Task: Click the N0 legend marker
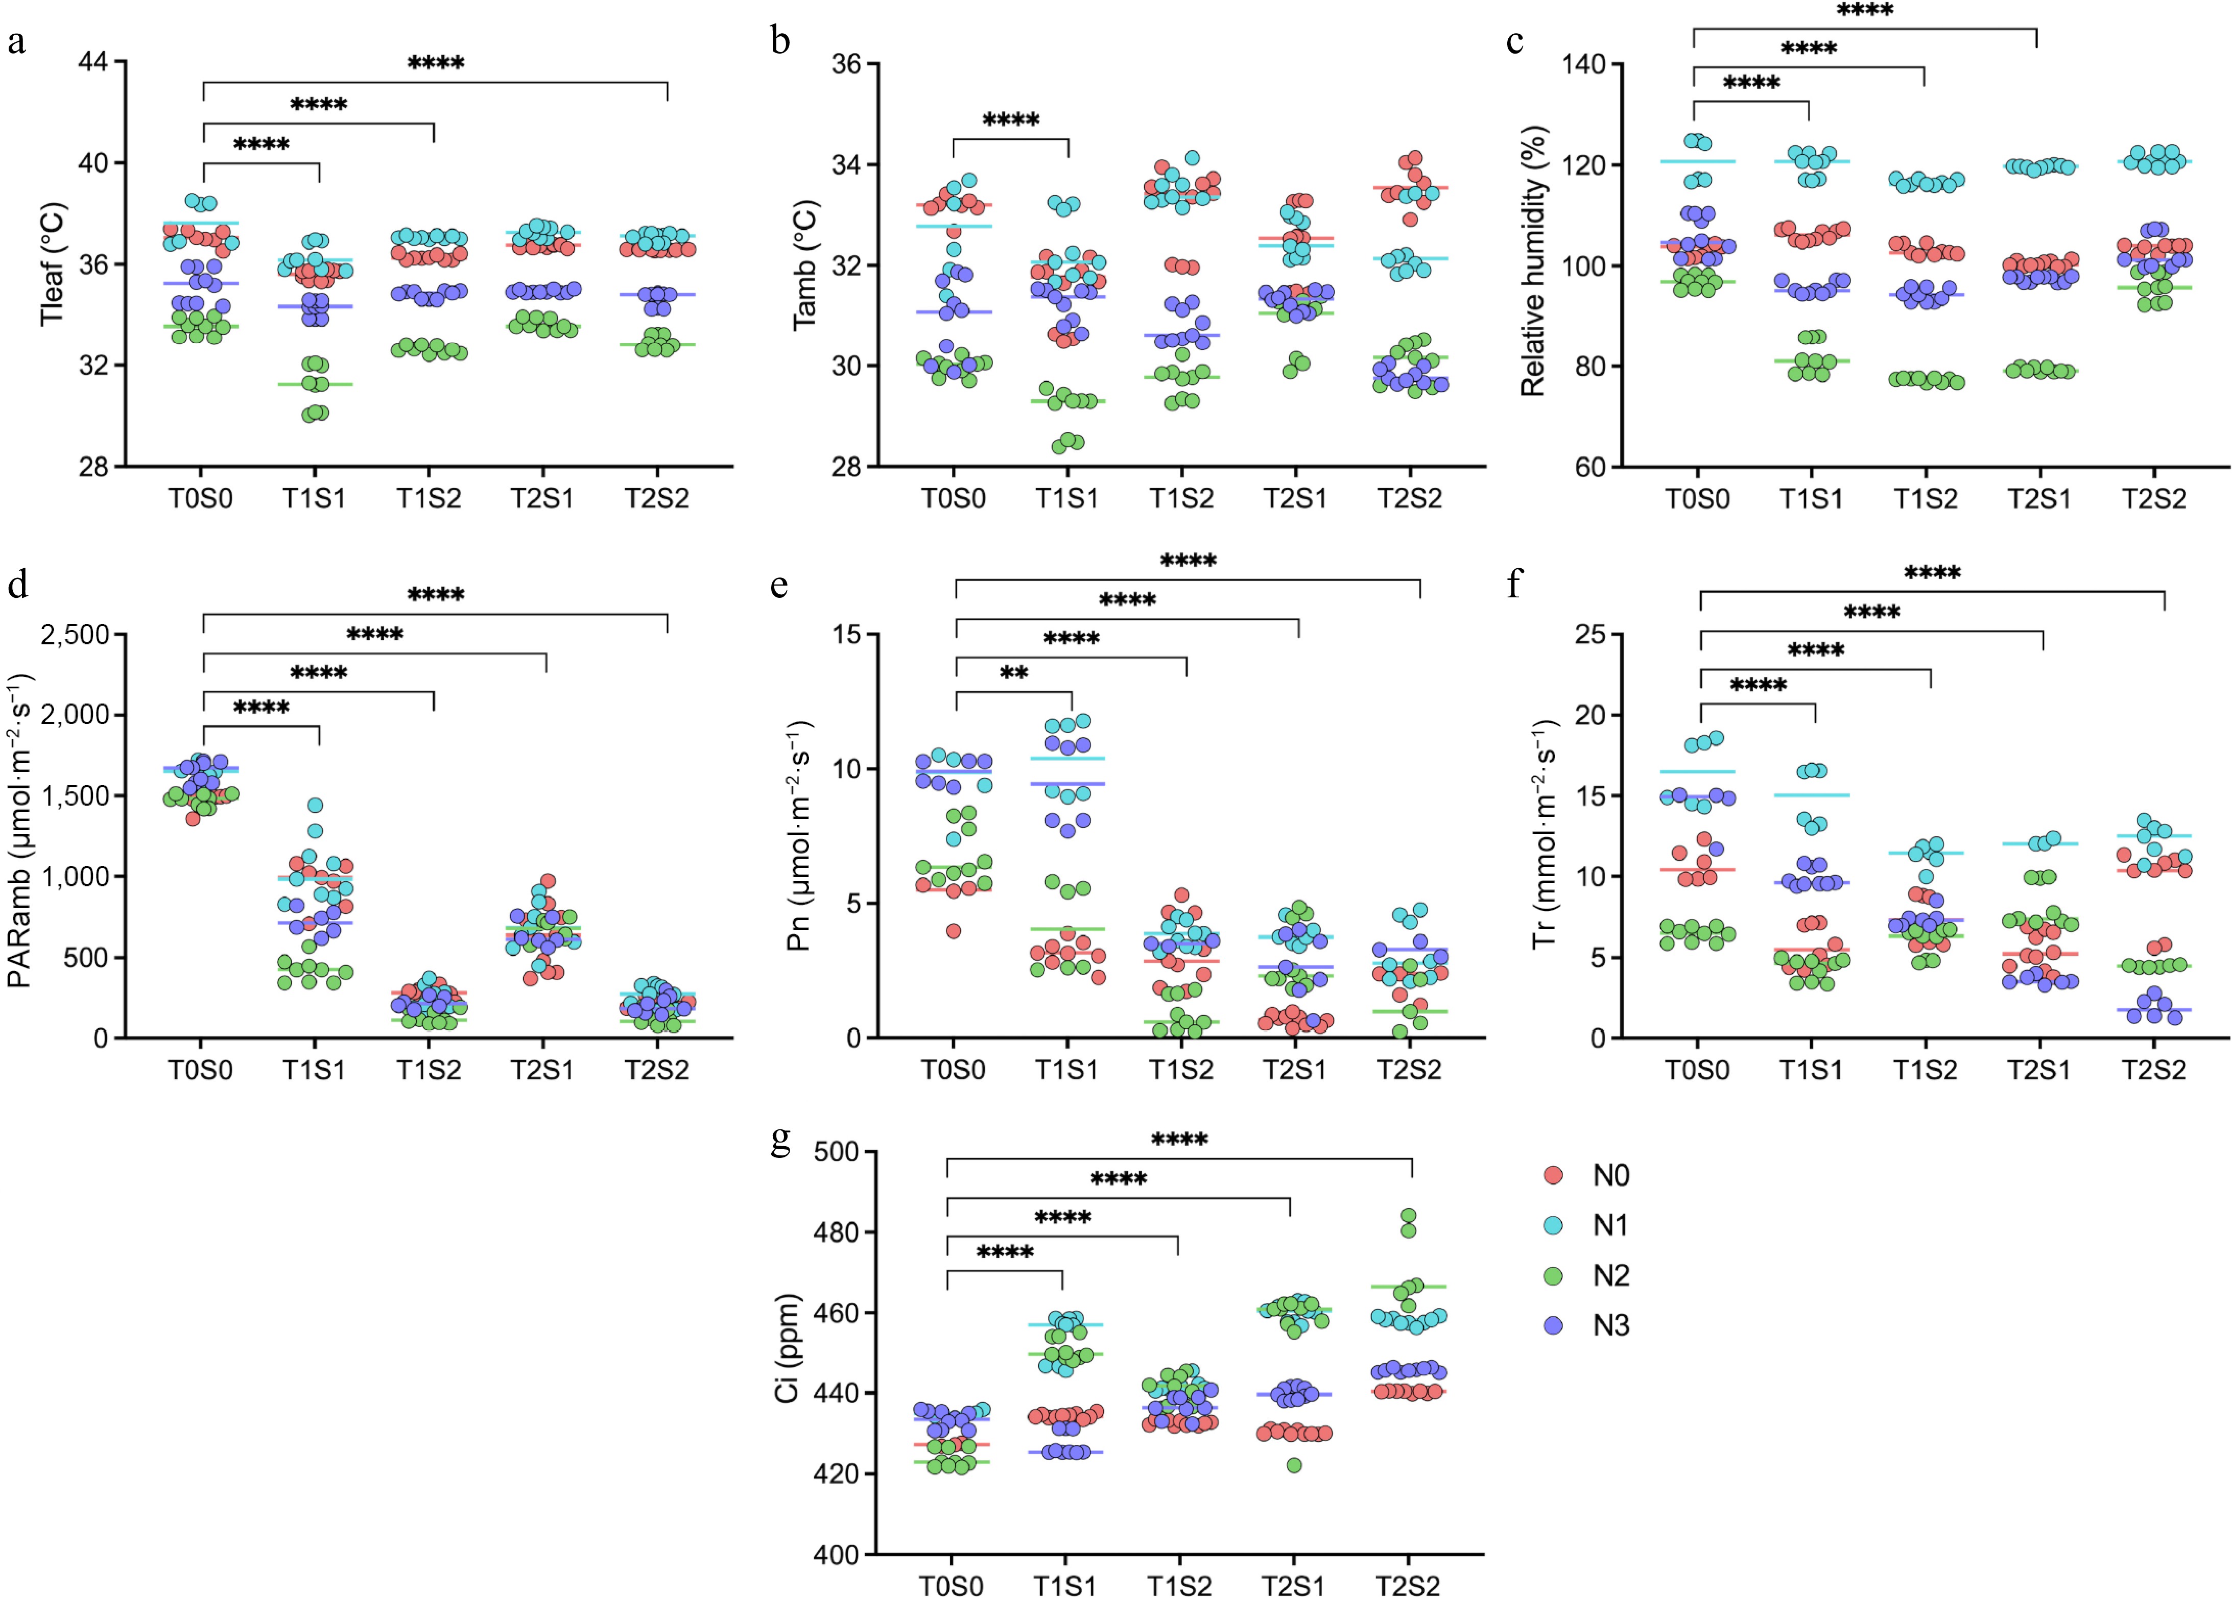[1554, 1175]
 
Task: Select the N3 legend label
[1611, 1325]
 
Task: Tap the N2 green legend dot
[1554, 1275]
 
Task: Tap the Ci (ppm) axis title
[787, 1348]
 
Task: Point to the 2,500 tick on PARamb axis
[75, 635]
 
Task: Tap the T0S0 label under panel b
[953, 499]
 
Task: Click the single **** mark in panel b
[1011, 120]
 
